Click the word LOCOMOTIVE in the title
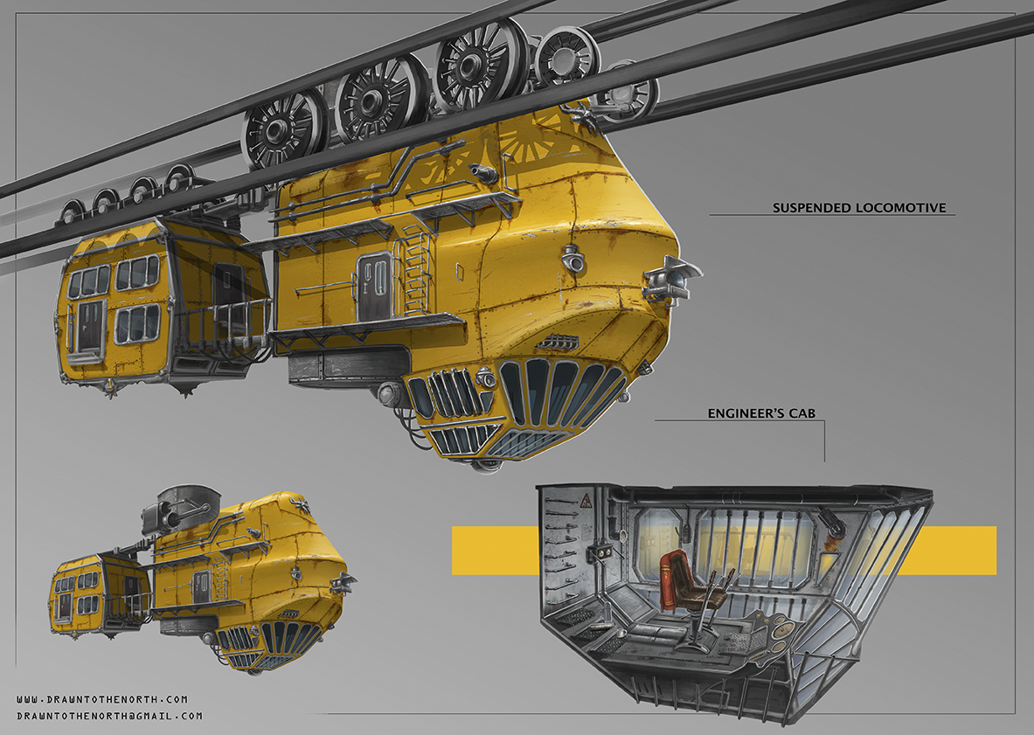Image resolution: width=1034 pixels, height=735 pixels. pyautogui.click(x=901, y=208)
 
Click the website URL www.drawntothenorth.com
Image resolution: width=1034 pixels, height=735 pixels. pyautogui.click(x=102, y=699)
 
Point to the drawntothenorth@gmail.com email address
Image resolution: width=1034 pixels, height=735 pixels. pyautogui.click(x=109, y=716)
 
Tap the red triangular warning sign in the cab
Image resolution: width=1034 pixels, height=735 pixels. pyautogui.click(x=585, y=503)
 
